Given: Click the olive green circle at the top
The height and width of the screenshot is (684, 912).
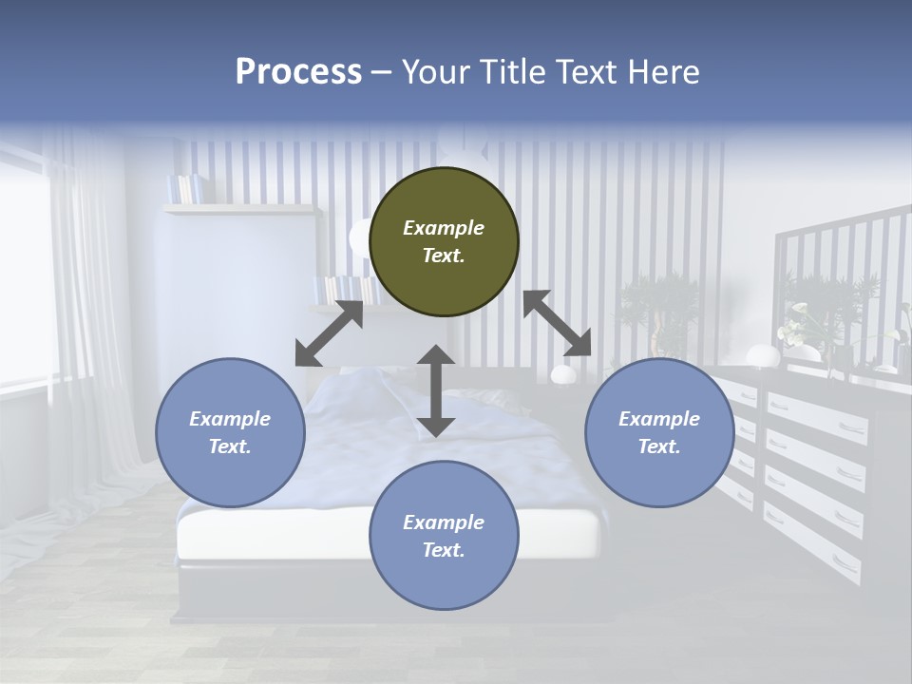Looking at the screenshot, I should click(x=444, y=242).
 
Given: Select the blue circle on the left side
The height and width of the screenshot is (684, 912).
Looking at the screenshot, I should click(x=230, y=432).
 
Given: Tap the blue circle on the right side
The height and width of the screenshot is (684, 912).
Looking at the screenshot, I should click(x=659, y=432).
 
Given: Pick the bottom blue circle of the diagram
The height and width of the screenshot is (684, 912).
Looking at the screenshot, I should click(x=444, y=536).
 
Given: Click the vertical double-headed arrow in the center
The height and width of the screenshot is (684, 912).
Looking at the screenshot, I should click(x=436, y=390).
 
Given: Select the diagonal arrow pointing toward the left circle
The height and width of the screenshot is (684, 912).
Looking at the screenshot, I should click(x=329, y=333).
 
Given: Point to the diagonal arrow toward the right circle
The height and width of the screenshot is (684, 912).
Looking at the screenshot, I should click(x=558, y=322).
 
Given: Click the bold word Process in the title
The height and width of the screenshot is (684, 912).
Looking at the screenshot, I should click(x=298, y=71).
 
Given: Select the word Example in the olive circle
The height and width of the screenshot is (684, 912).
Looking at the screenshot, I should click(x=444, y=228).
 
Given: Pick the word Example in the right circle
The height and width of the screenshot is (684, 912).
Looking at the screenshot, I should click(x=659, y=419).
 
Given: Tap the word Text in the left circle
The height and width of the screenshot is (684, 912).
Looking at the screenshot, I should click(x=229, y=446).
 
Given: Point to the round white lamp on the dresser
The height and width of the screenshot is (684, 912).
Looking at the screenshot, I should click(x=762, y=356).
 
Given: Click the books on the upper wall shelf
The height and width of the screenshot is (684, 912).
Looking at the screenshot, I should click(x=184, y=188).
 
